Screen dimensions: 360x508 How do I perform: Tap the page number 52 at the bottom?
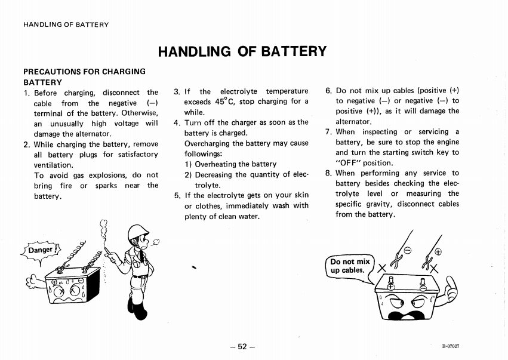(242, 347)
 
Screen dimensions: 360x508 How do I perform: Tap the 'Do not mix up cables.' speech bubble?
(350, 266)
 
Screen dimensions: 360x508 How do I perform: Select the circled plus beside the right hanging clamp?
(438, 251)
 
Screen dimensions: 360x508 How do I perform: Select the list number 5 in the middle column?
(177, 195)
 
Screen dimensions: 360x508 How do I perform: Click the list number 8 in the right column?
(328, 173)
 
